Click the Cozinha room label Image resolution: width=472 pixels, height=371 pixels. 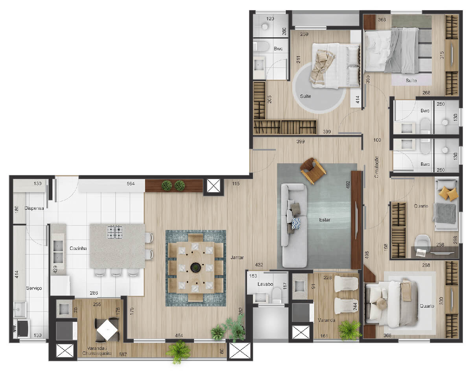(78, 248)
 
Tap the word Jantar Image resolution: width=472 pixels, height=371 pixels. (237, 257)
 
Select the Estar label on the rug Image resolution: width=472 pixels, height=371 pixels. (324, 220)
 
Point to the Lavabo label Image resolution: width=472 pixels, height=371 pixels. (265, 284)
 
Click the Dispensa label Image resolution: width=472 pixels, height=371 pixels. (34, 208)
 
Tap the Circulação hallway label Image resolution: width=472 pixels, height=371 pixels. (376, 167)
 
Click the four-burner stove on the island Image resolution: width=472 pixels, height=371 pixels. (115, 232)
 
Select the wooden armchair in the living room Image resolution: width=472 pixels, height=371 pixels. (313, 171)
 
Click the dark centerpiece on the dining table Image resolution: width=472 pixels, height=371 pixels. (195, 267)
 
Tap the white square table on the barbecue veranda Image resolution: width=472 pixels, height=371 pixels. (107, 330)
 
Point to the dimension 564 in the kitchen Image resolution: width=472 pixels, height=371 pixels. (131, 184)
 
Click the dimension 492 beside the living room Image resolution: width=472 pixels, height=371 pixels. (348, 184)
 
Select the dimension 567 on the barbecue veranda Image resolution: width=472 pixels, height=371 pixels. (123, 354)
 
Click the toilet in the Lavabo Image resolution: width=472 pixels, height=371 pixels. (277, 295)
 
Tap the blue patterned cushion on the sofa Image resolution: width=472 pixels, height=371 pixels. (296, 223)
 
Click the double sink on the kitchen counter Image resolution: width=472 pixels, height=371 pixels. (58, 252)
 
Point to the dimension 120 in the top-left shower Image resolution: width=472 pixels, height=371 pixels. (270, 18)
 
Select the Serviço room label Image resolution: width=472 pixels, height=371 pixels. (34, 288)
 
